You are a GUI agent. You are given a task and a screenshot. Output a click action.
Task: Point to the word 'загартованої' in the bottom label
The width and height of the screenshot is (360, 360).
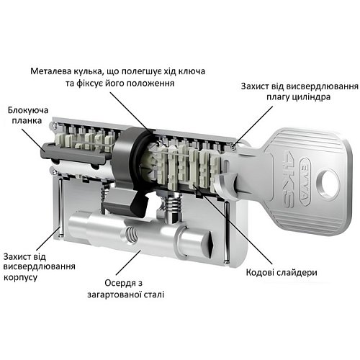tap(122, 294)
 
